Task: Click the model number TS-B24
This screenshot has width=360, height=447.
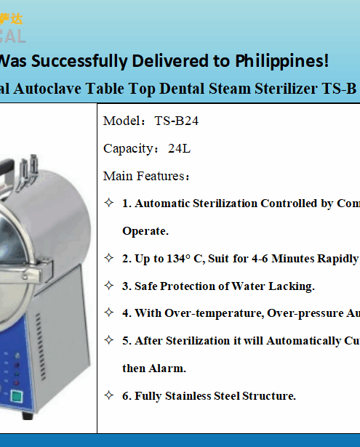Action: click(176, 121)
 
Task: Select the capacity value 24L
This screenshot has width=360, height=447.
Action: click(179, 149)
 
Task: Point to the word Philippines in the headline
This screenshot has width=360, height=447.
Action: click(284, 61)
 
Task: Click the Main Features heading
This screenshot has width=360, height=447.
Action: click(146, 176)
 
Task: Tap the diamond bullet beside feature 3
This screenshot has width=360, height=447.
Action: click(108, 285)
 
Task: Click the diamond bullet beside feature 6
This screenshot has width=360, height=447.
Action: click(108, 395)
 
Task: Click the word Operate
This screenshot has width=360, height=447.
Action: click(145, 231)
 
